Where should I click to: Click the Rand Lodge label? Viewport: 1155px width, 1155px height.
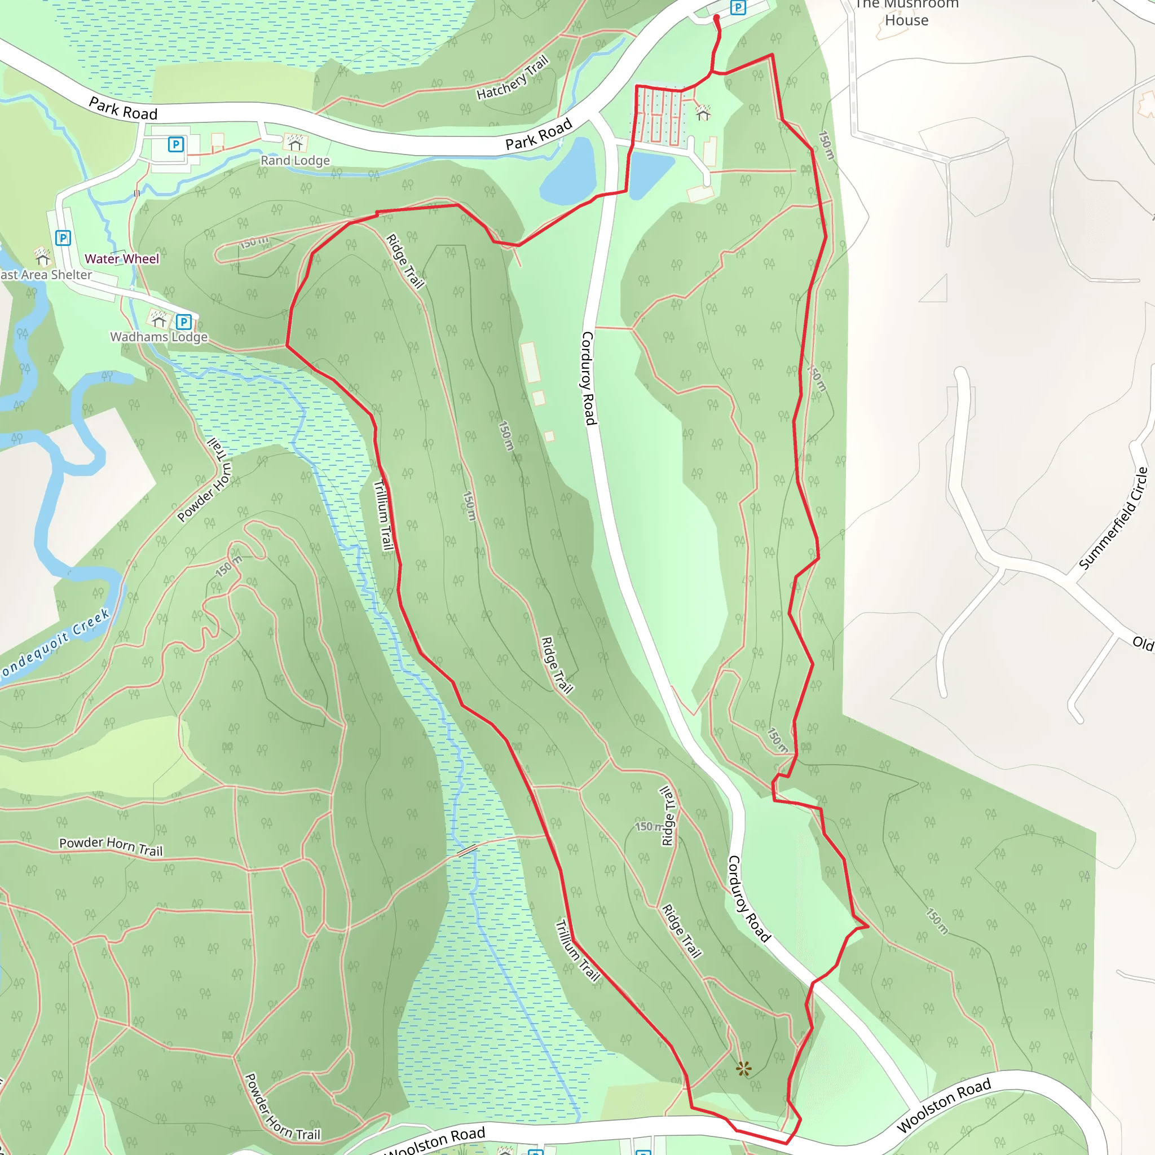[x=295, y=160]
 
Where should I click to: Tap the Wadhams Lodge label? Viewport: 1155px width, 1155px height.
[x=158, y=337]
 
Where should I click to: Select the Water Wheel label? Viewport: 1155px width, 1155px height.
[x=122, y=259]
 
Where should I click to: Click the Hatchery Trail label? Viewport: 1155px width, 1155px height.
[x=512, y=78]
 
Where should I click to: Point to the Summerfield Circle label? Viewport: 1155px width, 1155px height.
[x=1113, y=518]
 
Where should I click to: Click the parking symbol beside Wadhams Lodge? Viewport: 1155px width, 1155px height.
[x=183, y=322]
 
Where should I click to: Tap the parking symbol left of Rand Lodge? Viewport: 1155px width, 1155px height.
[x=176, y=144]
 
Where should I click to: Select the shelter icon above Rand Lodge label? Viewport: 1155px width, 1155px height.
[x=295, y=142]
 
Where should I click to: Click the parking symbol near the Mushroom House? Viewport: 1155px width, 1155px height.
[x=738, y=7]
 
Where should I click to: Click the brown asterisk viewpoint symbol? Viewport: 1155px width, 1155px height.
[x=743, y=1068]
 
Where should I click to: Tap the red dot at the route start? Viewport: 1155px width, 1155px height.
[x=716, y=18]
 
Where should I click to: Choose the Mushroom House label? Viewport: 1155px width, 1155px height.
[x=906, y=13]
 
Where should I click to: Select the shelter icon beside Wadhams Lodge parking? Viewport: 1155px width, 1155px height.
[x=158, y=319]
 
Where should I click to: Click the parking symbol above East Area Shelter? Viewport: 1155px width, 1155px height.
[x=63, y=238]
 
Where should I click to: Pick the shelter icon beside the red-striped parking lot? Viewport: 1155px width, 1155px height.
[x=703, y=112]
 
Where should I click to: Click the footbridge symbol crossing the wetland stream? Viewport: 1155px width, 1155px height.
[x=467, y=850]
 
